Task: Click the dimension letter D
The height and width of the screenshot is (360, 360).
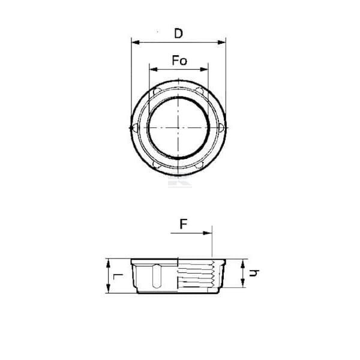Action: [178, 34]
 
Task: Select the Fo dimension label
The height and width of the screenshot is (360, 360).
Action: [179, 61]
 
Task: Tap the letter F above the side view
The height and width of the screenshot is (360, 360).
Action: [184, 224]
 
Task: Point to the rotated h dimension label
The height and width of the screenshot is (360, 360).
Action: [254, 273]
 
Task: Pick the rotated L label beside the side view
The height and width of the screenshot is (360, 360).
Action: [118, 277]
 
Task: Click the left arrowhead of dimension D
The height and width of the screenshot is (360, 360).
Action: [136, 42]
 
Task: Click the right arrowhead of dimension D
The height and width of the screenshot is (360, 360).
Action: [221, 42]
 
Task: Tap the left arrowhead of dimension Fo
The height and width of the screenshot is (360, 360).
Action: [154, 70]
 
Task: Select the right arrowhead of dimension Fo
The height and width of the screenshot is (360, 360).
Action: [204, 70]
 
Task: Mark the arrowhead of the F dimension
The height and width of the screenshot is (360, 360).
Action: [208, 233]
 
